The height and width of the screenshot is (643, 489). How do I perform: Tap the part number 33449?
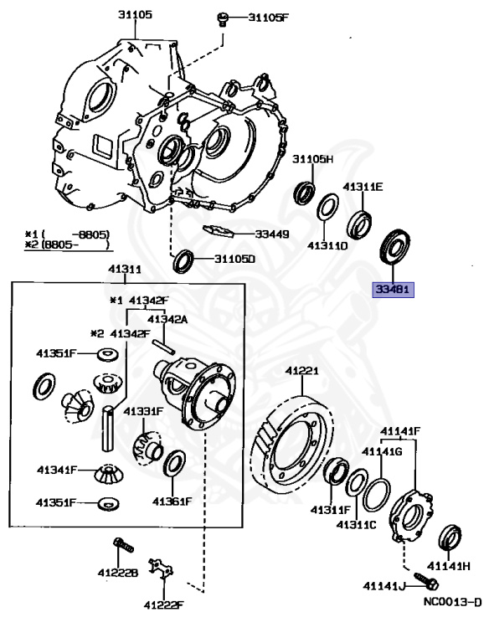coord(267,234)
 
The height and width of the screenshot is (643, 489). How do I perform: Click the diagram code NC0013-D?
coord(453,600)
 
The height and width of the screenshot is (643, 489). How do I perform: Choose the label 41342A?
coord(167,319)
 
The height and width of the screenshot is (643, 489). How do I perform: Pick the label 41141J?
coord(384,585)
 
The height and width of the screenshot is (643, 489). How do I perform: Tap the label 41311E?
coord(363,188)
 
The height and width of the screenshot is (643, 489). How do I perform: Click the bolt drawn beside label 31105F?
coord(224,18)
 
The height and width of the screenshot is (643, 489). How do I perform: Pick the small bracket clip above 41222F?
coord(160,569)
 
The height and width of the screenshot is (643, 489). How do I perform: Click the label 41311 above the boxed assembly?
coord(124,270)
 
